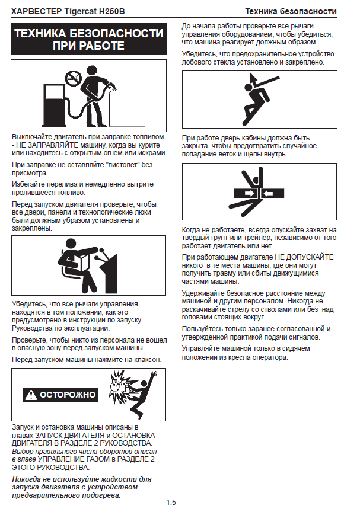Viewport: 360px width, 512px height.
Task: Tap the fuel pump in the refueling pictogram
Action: coord(54,104)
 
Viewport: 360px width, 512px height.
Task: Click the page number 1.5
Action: coord(171,503)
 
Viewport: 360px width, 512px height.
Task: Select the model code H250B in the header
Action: coord(111,12)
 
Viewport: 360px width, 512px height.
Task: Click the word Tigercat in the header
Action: coord(80,12)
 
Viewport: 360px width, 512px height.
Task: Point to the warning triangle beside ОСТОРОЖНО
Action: coord(31,395)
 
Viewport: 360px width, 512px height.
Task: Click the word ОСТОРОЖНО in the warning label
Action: coord(68,395)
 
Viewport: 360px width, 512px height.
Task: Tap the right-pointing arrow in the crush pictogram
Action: coord(249,193)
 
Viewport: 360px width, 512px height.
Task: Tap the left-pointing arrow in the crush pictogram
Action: coord(268,194)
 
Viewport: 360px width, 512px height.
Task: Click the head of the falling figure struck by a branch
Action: coord(249,87)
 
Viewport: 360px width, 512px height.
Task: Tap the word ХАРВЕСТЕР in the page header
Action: coord(36,12)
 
